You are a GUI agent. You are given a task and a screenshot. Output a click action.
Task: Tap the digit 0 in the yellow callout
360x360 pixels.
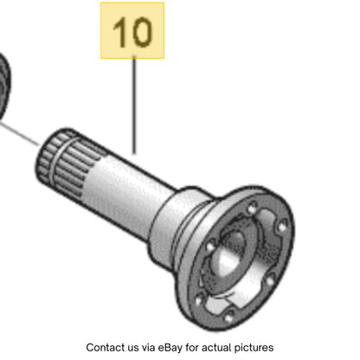[x=141, y=32]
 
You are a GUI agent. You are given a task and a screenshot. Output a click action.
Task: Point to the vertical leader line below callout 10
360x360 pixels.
[x=134, y=105]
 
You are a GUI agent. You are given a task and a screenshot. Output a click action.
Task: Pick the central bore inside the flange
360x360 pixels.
[x=229, y=257]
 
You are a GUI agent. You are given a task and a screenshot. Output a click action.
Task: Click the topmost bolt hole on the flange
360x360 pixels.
[x=253, y=207]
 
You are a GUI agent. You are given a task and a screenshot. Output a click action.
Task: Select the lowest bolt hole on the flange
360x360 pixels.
[x=228, y=318]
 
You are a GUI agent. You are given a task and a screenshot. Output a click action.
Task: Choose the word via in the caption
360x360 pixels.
[x=149, y=347]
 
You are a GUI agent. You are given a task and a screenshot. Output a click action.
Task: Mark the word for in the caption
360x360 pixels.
[x=192, y=347]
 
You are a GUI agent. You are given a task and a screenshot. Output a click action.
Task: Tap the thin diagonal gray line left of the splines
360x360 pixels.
[x=19, y=133]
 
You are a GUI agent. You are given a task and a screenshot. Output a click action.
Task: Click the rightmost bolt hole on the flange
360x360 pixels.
[x=282, y=228]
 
